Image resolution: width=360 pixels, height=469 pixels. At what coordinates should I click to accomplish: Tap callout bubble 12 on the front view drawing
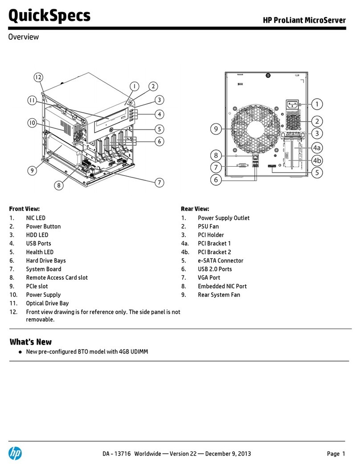coord(38,78)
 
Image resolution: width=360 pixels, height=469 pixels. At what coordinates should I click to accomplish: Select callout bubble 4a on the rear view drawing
coord(316,148)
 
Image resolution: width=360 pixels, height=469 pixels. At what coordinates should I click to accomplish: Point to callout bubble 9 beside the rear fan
coord(216,129)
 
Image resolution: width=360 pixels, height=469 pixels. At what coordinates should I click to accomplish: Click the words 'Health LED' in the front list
coord(40,252)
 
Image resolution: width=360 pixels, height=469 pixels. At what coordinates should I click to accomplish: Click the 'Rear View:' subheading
coord(195,209)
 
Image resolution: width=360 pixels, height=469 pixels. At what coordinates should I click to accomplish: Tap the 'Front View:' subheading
coord(25,209)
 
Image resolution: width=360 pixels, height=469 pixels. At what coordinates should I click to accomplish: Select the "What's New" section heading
coord(31,342)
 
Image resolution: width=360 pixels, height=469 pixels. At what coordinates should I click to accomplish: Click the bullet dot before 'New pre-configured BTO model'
coord(21,352)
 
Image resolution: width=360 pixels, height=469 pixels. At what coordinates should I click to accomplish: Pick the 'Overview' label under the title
coord(24,37)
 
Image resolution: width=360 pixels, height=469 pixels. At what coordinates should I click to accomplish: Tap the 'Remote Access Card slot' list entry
coord(57,277)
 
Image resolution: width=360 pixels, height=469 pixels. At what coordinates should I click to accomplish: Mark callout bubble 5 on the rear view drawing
coord(316,172)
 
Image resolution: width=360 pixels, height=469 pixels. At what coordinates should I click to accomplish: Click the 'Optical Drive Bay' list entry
coord(47,303)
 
